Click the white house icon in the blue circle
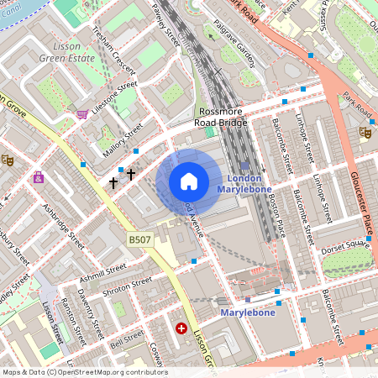(189, 181)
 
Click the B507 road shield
(139, 240)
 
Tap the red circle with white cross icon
(181, 329)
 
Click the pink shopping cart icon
(82, 113)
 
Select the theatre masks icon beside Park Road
(365, 132)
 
